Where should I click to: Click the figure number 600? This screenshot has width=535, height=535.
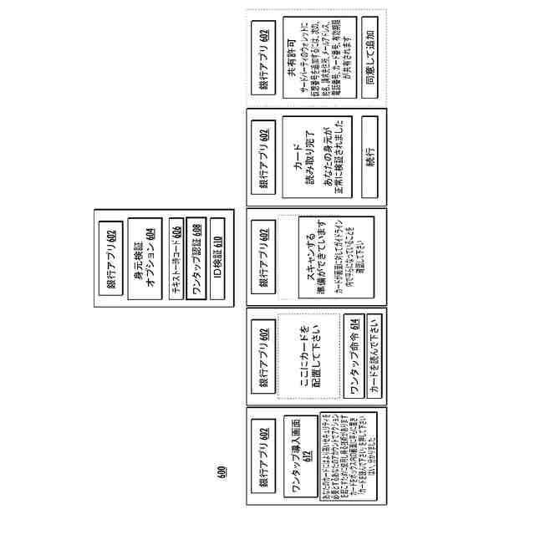click(222, 471)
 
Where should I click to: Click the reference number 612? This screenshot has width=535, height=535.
click(308, 453)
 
